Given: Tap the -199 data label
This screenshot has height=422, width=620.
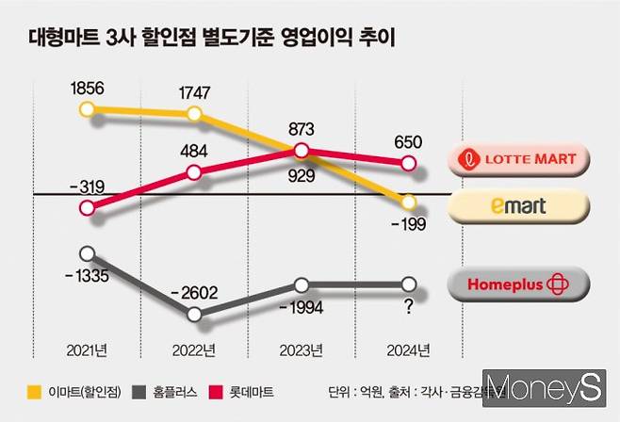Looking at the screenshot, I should coord(409,223).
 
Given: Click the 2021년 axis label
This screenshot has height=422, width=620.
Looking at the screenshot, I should coord(87,349).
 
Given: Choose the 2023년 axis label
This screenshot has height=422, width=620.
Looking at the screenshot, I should coord(301,349).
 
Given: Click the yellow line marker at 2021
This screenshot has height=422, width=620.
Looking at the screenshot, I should coord(88,110).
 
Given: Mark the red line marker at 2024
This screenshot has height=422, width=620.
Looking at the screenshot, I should coord(409,163).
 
